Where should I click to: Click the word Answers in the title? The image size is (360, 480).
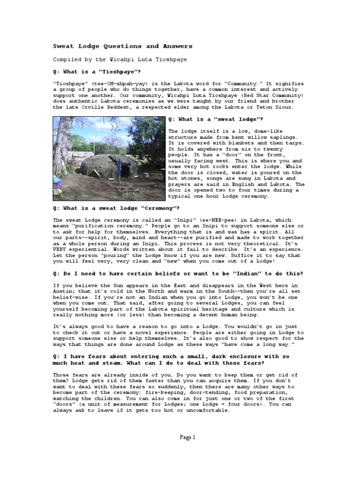[x=176, y=46]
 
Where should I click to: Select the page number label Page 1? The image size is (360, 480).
[x=187, y=437]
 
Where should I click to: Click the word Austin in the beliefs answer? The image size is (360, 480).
[x=63, y=291]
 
